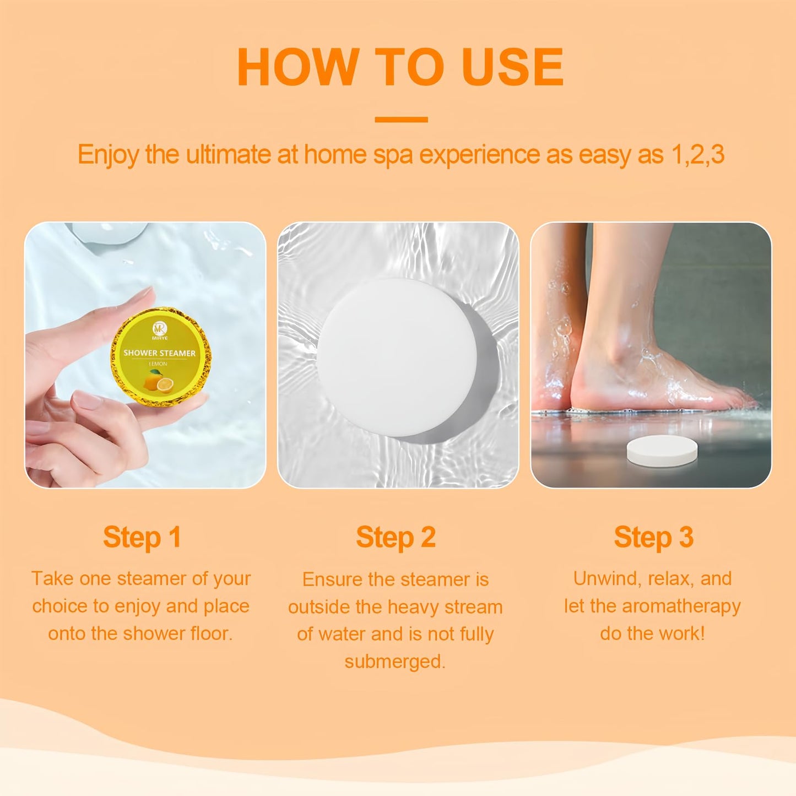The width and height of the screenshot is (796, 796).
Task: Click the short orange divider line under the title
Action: click(401, 120)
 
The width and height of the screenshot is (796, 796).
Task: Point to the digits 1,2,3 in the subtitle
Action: click(697, 155)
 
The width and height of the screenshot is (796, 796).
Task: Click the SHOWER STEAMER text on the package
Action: click(159, 353)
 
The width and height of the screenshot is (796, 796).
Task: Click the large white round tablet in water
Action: click(397, 357)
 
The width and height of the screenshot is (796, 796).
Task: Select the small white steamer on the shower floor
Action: click(662, 450)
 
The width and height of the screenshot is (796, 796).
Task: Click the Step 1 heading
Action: click(142, 537)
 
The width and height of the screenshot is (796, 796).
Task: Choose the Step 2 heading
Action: click(396, 537)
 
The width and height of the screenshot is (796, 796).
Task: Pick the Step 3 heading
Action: click(653, 537)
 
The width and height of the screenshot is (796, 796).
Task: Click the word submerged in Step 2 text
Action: click(394, 661)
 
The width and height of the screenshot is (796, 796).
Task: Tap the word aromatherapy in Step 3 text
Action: click(681, 606)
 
